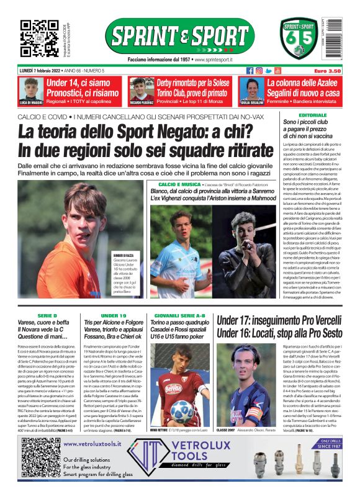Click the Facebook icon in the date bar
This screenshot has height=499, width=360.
[250, 71]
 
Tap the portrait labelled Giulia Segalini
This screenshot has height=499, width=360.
[253, 89]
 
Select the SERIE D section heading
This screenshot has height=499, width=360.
[47, 316]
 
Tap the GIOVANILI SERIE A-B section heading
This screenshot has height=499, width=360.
[180, 316]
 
